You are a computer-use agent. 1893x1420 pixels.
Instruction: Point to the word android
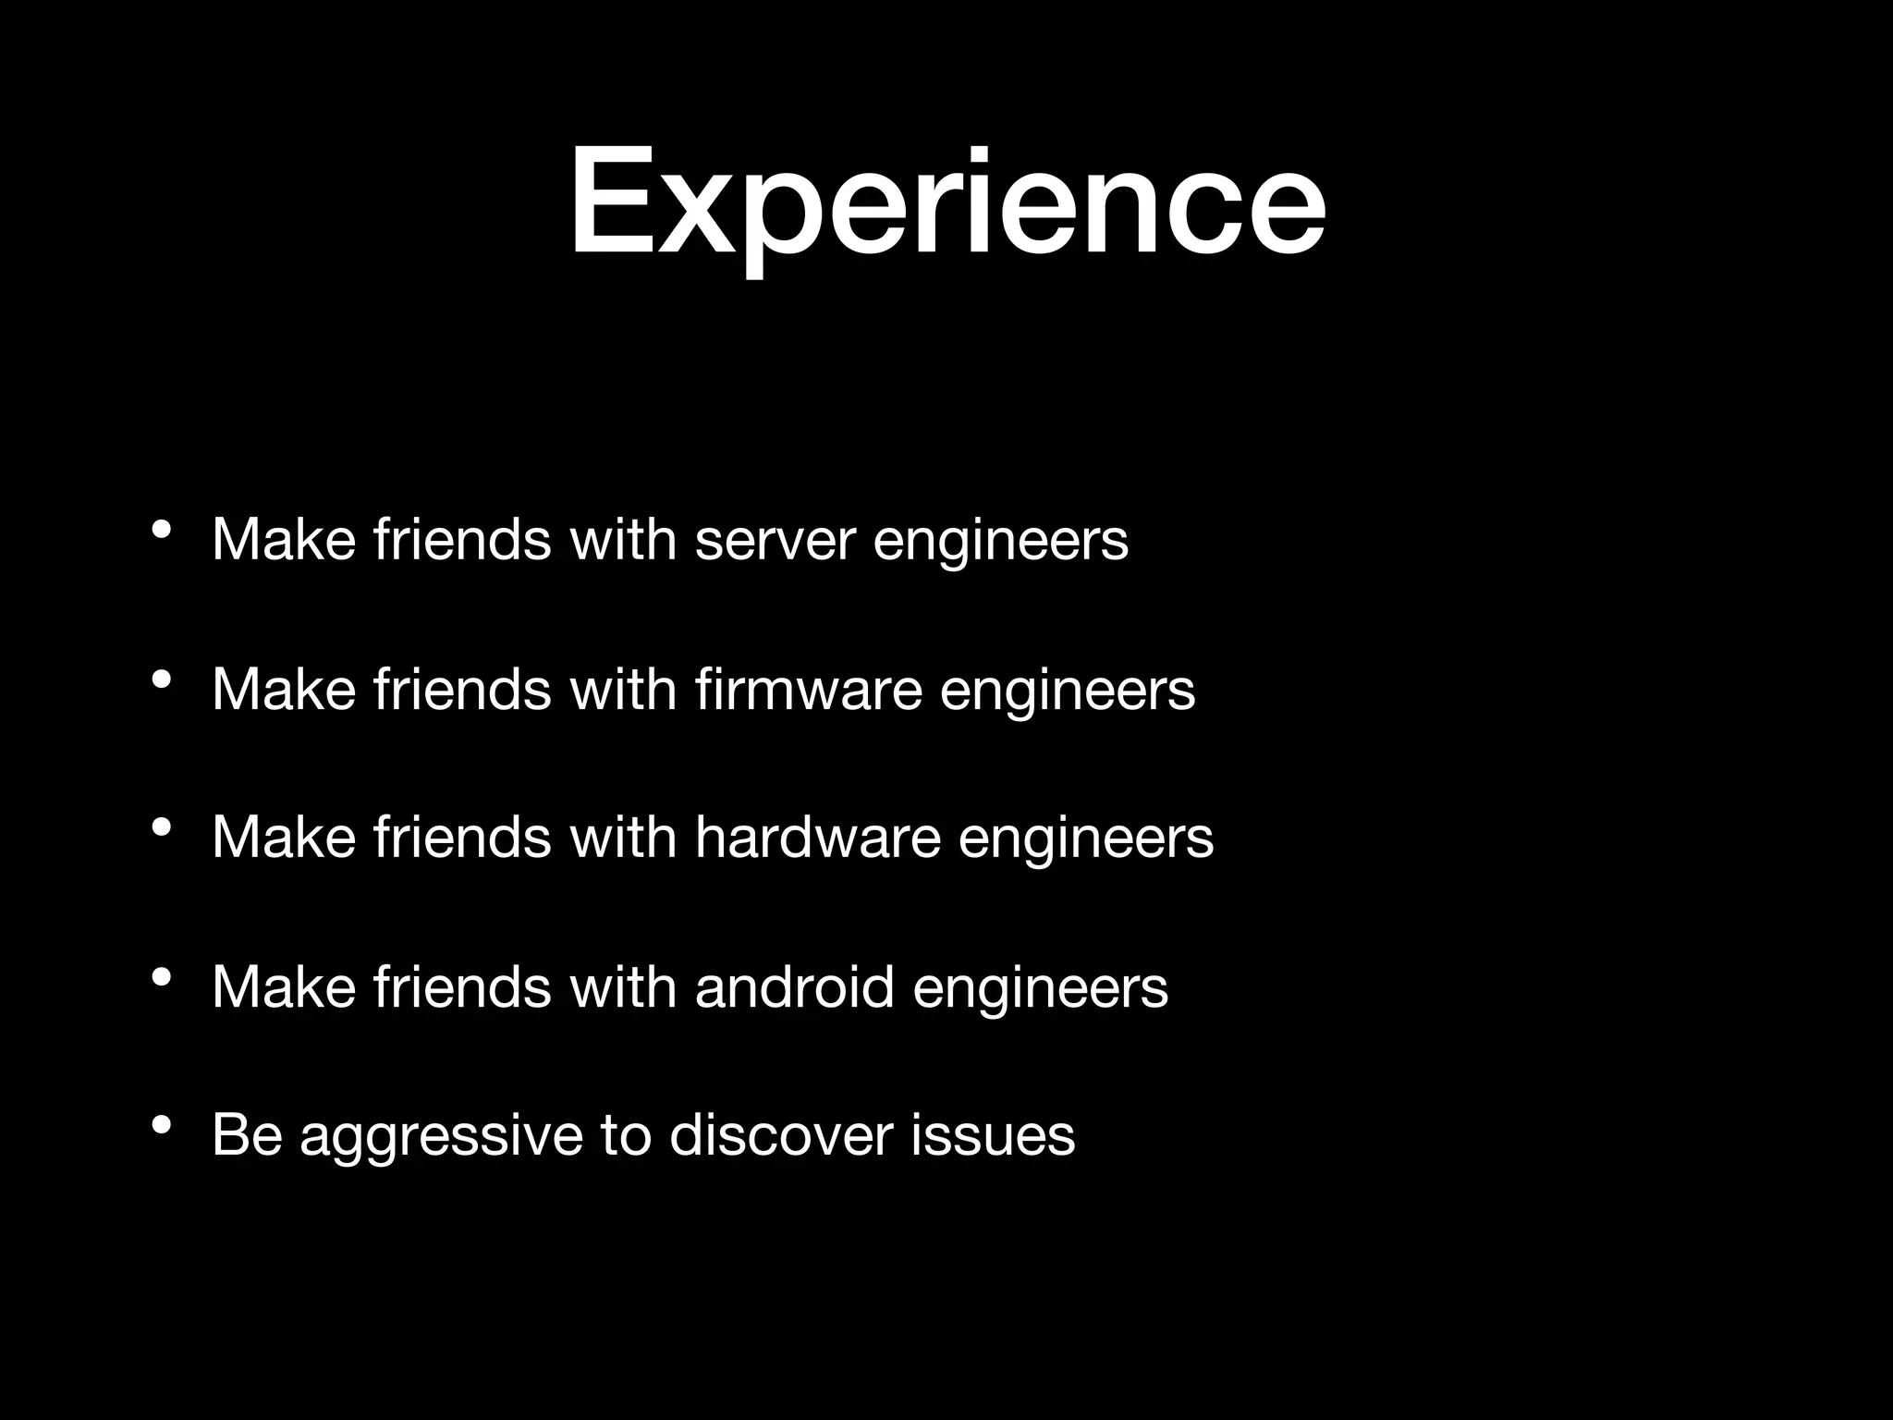pos(794,986)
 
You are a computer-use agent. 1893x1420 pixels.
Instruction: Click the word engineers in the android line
pos(1041,988)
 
